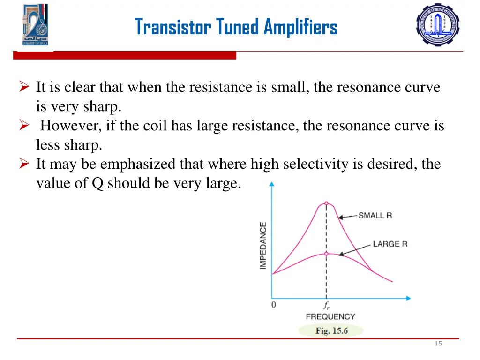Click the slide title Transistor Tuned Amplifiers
(236, 27)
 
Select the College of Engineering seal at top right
(438, 24)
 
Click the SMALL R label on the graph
(375, 216)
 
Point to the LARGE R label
(390, 244)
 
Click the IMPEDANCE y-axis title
(263, 245)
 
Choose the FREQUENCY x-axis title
(330, 316)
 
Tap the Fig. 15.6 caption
(331, 331)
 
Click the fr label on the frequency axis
(326, 305)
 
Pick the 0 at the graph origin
(274, 305)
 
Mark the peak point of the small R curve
(326, 204)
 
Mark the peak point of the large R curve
(326, 254)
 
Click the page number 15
(438, 344)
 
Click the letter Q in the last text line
(97, 183)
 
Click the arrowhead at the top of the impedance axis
(271, 184)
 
